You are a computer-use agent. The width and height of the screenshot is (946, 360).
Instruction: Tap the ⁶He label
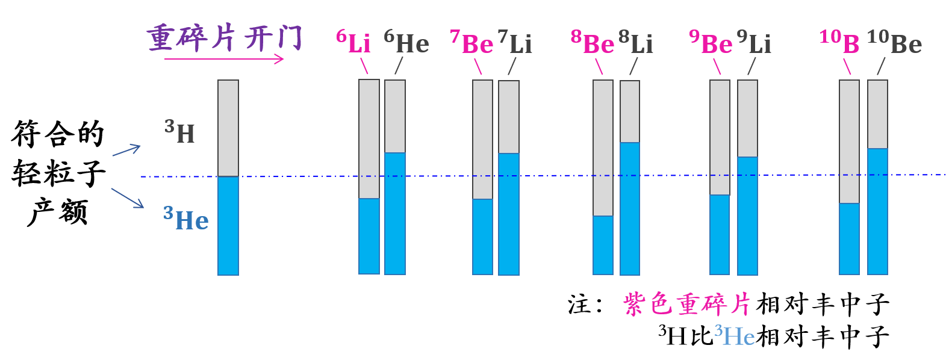tap(406, 43)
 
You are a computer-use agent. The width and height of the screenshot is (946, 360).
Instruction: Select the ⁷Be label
tap(471, 43)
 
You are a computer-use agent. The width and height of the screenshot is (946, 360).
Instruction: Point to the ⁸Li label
tap(636, 43)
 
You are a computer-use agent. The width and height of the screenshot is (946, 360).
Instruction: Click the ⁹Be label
tap(711, 43)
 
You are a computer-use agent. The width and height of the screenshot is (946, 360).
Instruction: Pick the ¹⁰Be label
tap(894, 43)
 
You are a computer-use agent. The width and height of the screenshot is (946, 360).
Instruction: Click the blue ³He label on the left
tap(186, 220)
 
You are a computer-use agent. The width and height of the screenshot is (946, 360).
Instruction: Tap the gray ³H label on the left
tap(180, 132)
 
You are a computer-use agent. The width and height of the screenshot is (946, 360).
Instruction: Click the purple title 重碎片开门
tap(224, 37)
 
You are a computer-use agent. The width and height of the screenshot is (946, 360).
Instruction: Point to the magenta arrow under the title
tap(223, 59)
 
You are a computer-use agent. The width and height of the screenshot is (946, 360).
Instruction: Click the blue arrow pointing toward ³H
tap(126, 150)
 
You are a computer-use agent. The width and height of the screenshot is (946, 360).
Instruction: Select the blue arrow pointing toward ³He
tap(127, 198)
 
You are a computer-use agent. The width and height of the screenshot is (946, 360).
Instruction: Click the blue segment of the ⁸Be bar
tap(603, 245)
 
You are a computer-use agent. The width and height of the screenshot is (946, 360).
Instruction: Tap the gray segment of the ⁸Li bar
tap(630, 111)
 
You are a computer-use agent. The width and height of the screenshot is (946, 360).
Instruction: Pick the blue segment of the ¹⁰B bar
tap(849, 239)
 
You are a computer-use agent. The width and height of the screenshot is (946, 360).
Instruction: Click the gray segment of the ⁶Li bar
tap(369, 138)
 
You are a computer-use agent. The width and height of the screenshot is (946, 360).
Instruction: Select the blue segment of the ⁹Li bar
tap(747, 216)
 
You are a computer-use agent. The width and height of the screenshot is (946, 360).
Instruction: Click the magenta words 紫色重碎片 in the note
tap(686, 305)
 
